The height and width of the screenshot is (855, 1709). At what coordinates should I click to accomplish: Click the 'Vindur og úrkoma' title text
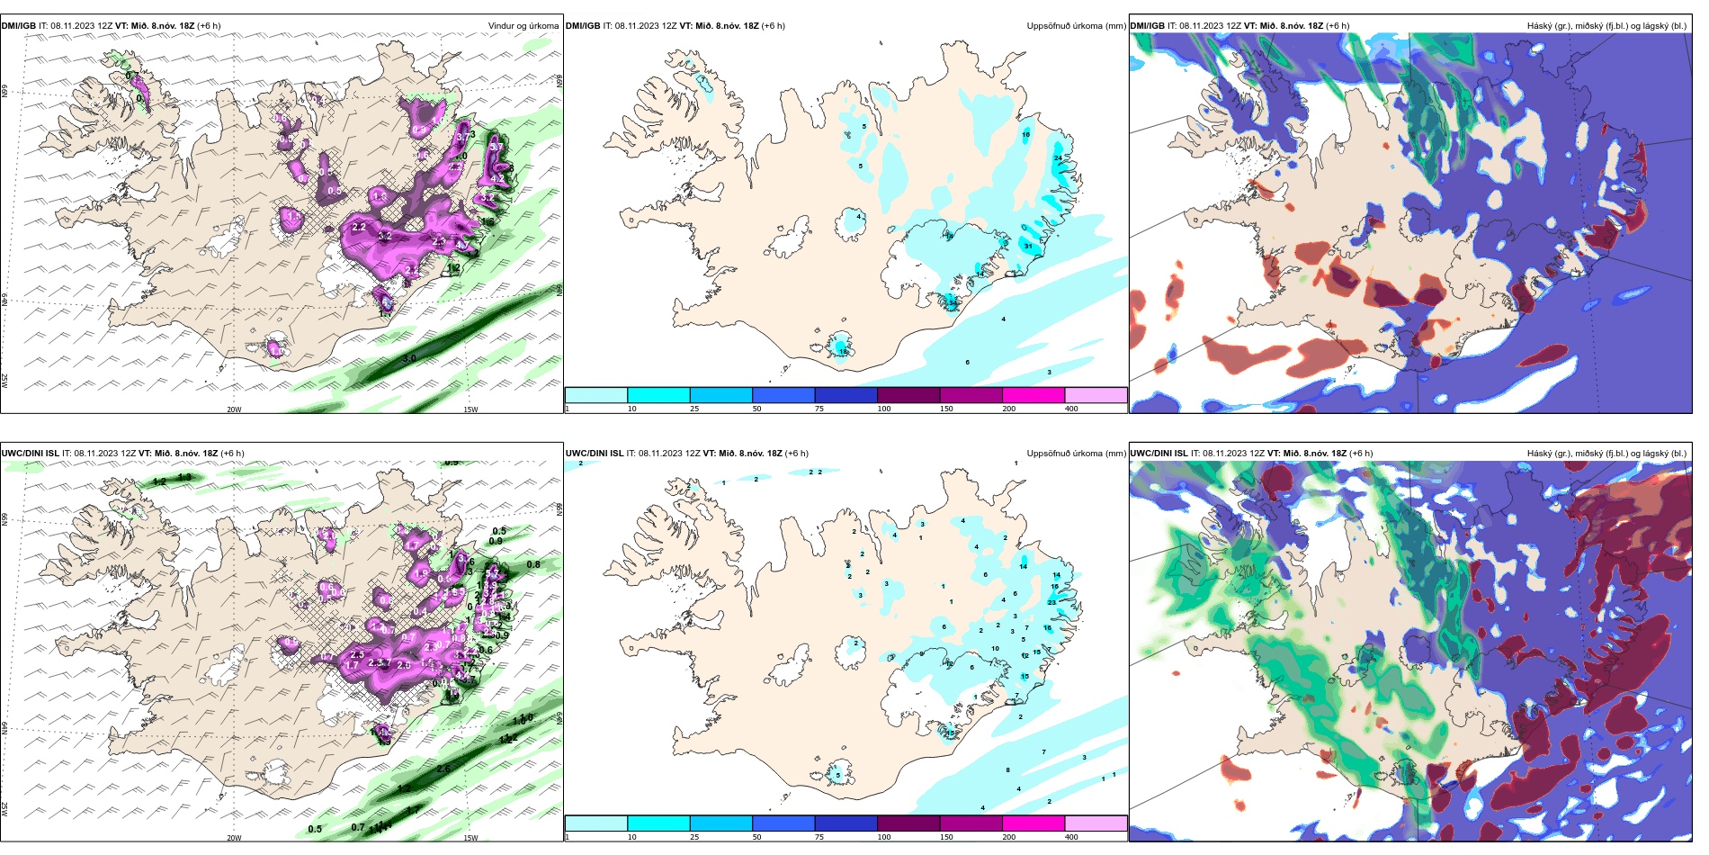pyautogui.click(x=523, y=26)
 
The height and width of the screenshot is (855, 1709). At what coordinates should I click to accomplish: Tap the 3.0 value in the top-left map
pyautogui.click(x=408, y=358)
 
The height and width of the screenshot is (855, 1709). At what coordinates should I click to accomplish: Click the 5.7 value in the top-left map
pyautogui.click(x=496, y=147)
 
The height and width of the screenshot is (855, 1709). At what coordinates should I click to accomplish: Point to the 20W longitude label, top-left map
pyautogui.click(x=234, y=409)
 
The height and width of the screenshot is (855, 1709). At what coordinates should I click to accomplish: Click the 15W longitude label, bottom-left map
pyautogui.click(x=470, y=838)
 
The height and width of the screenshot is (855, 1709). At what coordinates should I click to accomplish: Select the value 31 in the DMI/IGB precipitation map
pyautogui.click(x=1028, y=246)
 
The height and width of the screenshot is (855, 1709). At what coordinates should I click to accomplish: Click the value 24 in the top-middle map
pyautogui.click(x=1058, y=158)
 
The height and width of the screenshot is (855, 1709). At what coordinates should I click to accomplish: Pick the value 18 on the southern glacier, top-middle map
pyautogui.click(x=844, y=352)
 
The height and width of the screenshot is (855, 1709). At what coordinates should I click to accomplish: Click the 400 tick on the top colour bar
pyautogui.click(x=1071, y=409)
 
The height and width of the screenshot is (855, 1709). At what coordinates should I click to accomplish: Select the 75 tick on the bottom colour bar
pyautogui.click(x=819, y=837)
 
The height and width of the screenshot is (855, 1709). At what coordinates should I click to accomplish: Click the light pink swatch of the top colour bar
pyautogui.click(x=1096, y=395)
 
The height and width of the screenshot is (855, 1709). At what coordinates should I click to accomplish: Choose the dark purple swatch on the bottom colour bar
pyautogui.click(x=908, y=823)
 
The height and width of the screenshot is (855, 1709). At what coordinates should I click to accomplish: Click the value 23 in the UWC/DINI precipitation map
pyautogui.click(x=1051, y=602)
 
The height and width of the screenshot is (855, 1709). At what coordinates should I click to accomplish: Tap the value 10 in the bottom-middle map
pyautogui.click(x=995, y=648)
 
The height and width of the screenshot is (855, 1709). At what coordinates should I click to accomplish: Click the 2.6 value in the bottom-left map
pyautogui.click(x=443, y=769)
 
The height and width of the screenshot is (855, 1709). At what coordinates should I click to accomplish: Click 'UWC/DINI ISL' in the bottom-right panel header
pyautogui.click(x=1158, y=454)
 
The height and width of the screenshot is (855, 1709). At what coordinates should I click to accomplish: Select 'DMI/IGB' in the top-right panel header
pyautogui.click(x=1147, y=26)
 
